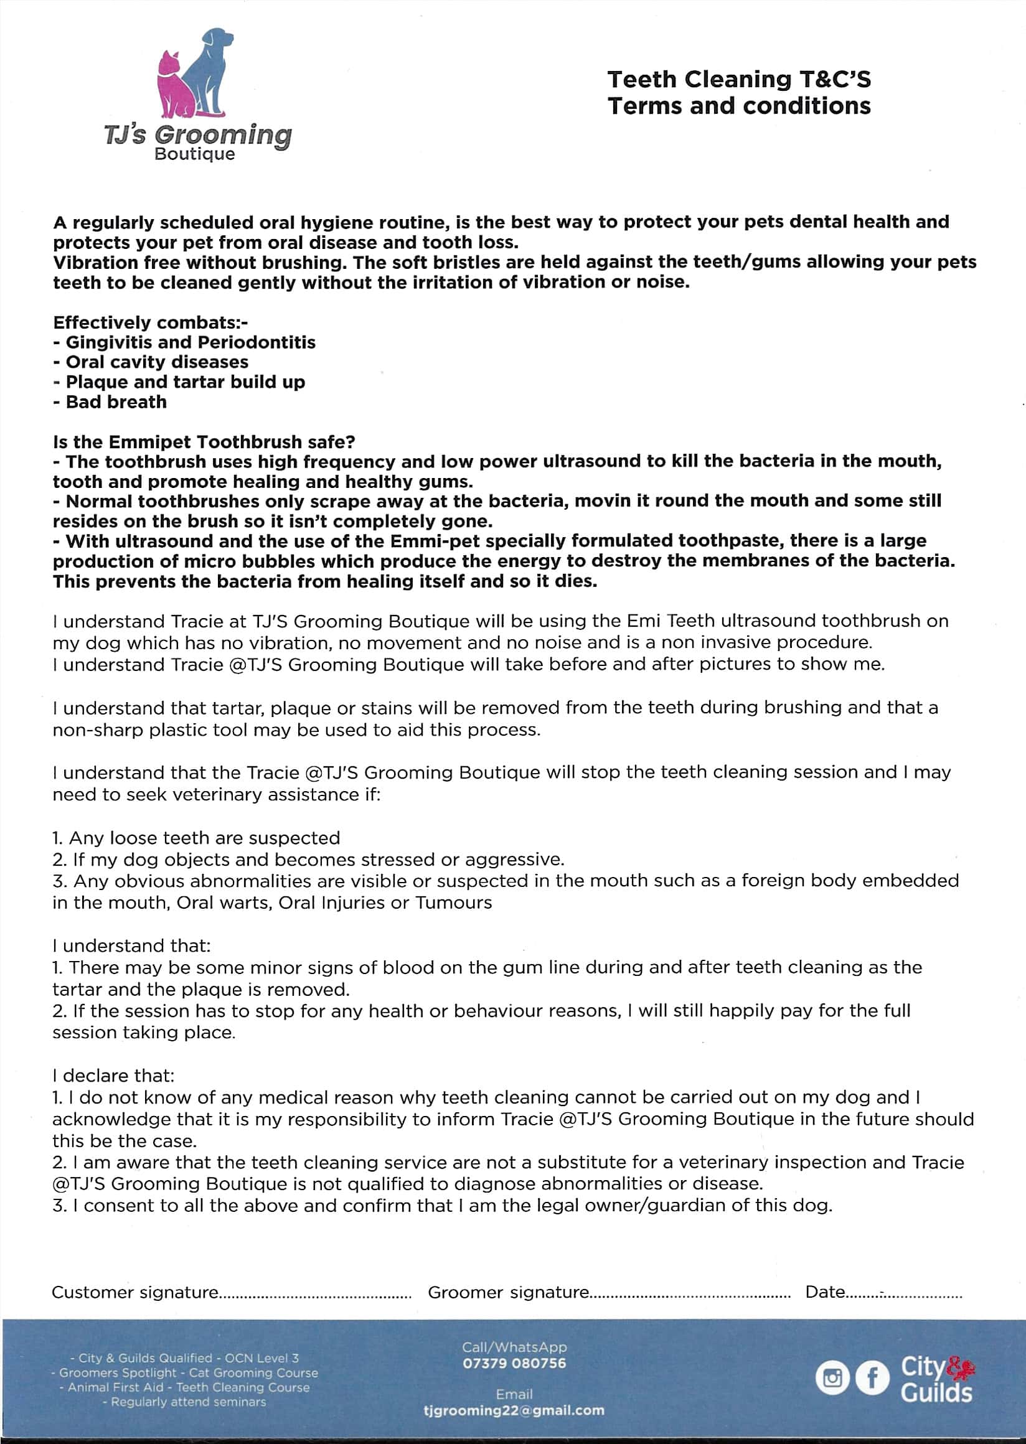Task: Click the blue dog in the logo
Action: click(x=209, y=70)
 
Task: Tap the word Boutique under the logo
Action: click(x=195, y=154)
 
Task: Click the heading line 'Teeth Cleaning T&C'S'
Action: click(x=738, y=80)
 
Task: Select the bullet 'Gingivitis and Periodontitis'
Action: click(x=189, y=342)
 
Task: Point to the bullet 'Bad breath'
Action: click(x=116, y=401)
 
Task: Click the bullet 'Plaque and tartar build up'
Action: click(x=184, y=382)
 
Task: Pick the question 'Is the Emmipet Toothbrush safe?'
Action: click(x=204, y=441)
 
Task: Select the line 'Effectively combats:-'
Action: click(x=151, y=323)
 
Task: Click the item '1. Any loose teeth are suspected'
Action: click(x=196, y=838)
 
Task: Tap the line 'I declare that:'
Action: click(x=113, y=1076)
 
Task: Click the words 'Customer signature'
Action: click(x=135, y=1292)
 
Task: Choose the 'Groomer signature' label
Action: click(x=508, y=1292)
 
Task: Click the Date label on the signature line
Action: click(x=824, y=1292)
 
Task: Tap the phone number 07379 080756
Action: click(x=514, y=1363)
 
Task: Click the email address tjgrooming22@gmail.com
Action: click(x=514, y=1410)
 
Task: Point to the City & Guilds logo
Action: click(x=936, y=1378)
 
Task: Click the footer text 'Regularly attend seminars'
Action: click(x=187, y=1402)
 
